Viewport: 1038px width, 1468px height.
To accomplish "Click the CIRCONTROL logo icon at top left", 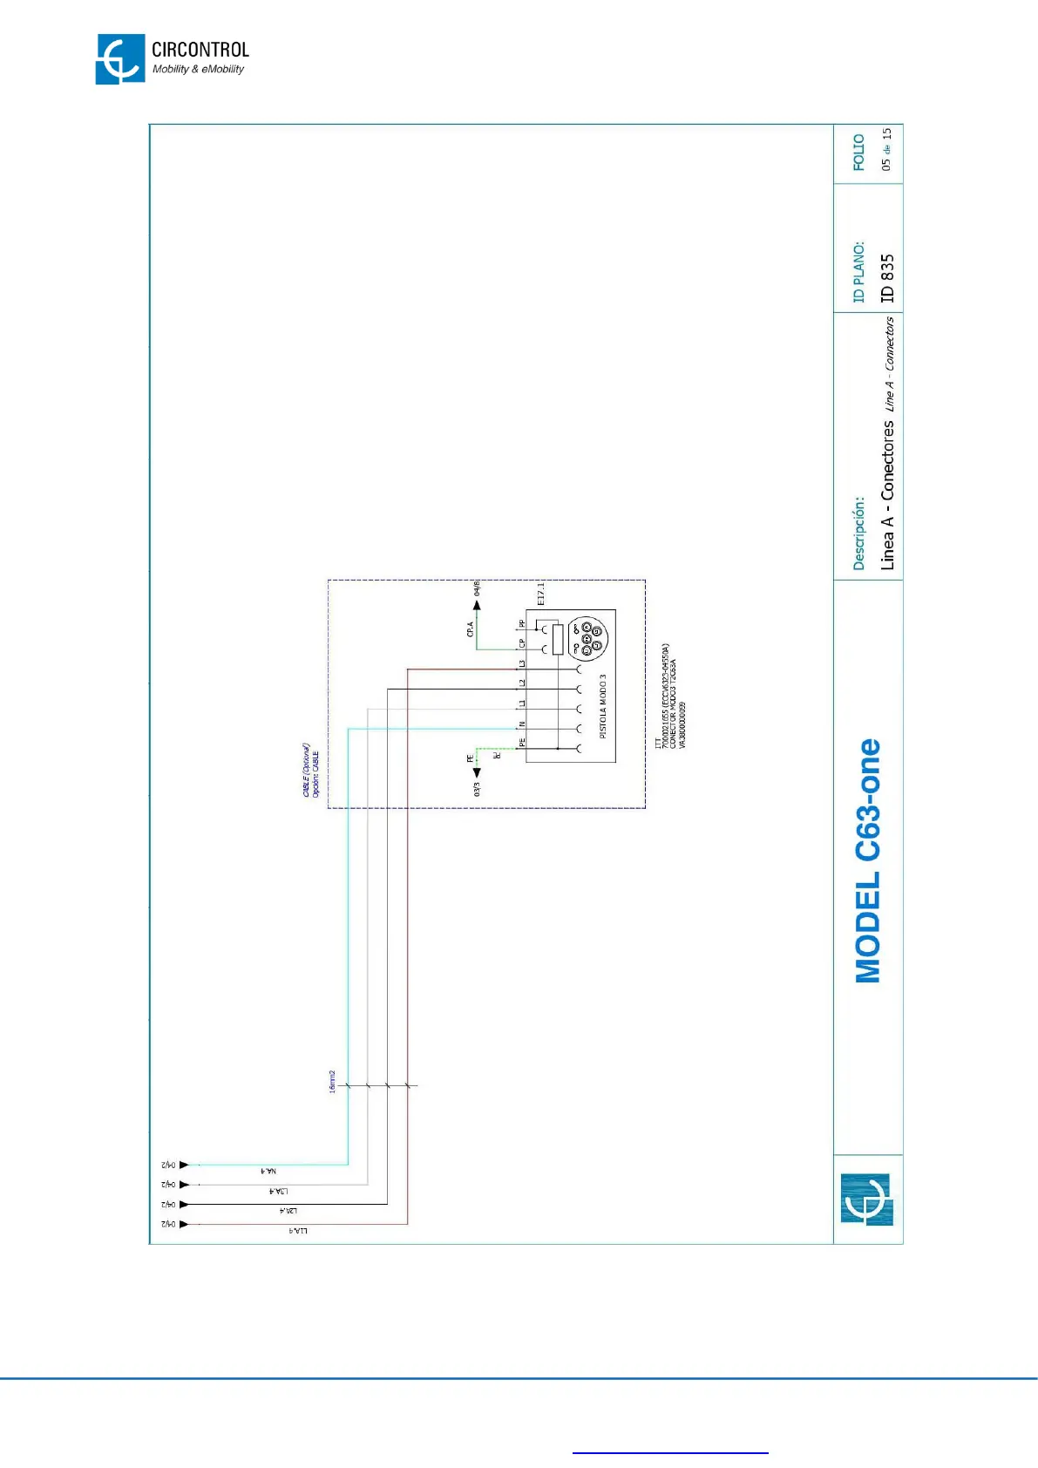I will [x=120, y=59].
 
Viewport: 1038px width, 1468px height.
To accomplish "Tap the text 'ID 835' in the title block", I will [x=887, y=278].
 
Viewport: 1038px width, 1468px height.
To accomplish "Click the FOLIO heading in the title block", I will [x=858, y=153].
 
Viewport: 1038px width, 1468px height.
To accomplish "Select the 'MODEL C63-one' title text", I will [x=868, y=861].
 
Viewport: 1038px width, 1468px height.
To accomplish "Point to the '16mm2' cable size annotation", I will [x=332, y=1082].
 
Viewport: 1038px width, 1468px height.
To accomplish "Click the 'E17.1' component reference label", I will [x=540, y=595].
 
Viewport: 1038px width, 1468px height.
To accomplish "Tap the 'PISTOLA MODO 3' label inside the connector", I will [x=602, y=706].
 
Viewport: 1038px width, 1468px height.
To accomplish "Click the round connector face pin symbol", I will [x=587, y=638].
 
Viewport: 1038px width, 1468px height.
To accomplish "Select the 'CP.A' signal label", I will [x=471, y=629].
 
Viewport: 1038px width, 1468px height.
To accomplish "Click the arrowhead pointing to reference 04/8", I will [x=477, y=605].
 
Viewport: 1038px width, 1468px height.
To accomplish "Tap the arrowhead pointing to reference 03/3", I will [x=477, y=771].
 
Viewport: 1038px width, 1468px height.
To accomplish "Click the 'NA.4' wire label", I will [x=268, y=1171].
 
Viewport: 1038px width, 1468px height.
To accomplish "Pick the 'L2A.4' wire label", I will [x=288, y=1211].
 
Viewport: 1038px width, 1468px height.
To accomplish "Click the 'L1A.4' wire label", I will [x=297, y=1231].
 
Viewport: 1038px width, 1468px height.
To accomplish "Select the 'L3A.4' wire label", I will [x=278, y=1191].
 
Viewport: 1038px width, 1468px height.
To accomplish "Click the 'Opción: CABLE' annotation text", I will [x=315, y=773].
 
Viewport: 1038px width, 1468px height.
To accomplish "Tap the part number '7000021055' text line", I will [x=665, y=697].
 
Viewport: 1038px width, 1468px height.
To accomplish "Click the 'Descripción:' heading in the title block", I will [x=858, y=534].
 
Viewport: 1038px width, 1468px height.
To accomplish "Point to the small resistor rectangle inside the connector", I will [x=558, y=639].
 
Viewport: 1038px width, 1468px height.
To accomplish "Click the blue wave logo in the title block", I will [x=867, y=1200].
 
